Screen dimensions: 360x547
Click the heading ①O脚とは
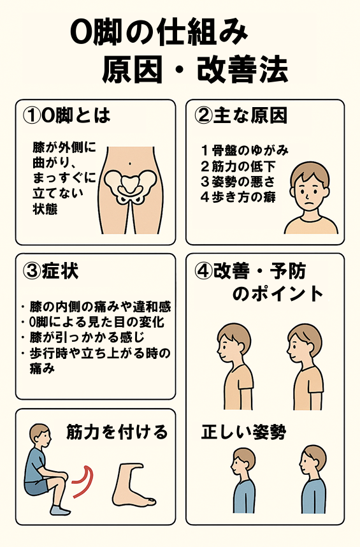(66, 115)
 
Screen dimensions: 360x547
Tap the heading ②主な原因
(240, 115)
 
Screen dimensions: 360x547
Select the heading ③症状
(50, 271)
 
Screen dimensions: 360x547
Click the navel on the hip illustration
(129, 163)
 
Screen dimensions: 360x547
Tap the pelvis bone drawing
(130, 186)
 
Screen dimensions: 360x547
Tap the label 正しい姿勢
(243, 433)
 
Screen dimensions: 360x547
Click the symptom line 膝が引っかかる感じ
(87, 337)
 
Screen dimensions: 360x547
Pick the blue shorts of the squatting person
(36, 487)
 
